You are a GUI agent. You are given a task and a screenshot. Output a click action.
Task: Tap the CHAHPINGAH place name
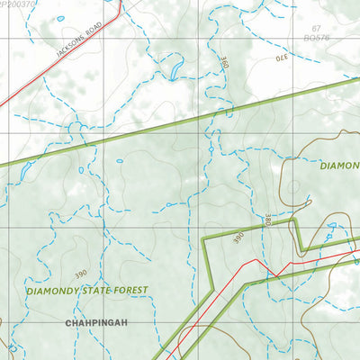pos(94,320)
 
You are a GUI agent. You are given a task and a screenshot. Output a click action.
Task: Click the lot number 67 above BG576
pos(316,29)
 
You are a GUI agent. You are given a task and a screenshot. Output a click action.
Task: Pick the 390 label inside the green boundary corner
pos(238,238)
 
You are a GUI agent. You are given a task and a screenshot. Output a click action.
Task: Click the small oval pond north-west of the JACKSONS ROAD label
pos(59,18)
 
